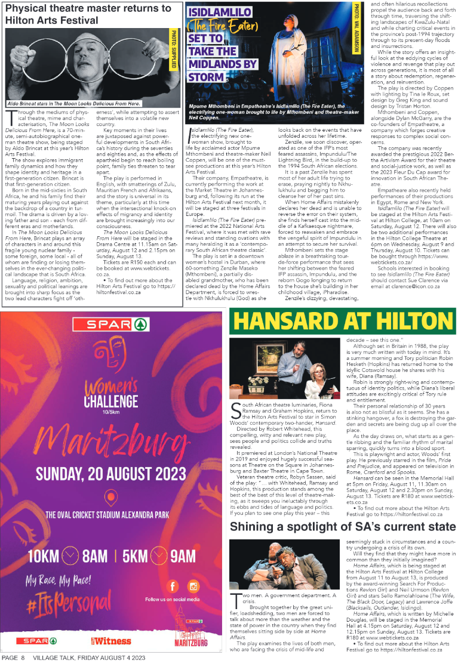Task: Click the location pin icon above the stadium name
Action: coord(109,515)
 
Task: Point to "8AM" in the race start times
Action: coord(95,555)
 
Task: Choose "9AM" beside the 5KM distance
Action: coord(182,555)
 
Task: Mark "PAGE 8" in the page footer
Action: coord(13,657)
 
